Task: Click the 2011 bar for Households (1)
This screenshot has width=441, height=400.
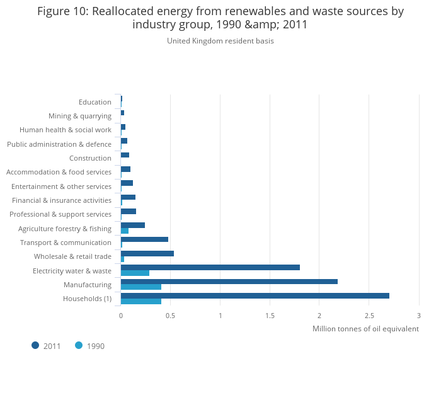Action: coord(255,295)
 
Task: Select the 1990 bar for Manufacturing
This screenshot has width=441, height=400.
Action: coord(141,287)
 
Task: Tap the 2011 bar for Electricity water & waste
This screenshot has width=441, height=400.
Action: coord(210,267)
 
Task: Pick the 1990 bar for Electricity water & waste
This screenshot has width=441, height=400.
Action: coord(135,273)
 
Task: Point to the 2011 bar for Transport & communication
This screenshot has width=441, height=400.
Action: coord(144,239)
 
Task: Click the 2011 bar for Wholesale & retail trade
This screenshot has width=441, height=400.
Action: coord(147,253)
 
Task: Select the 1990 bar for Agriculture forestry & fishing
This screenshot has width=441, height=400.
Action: coord(125,231)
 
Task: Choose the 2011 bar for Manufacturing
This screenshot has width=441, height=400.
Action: coord(229,282)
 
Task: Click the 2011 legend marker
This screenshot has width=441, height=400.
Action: coord(35,345)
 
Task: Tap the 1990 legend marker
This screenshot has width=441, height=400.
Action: coord(79,345)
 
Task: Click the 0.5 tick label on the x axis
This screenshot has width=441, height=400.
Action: coord(170,315)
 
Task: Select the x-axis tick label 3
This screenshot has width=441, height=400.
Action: coord(419,315)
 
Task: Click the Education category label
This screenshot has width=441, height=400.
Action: coord(95,102)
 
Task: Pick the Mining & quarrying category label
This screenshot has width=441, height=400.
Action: coord(80,116)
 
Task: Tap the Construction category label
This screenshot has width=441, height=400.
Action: coord(90,158)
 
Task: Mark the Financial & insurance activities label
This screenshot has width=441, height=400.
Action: coord(62,200)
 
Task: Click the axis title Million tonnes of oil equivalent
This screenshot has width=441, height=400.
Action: coord(365,329)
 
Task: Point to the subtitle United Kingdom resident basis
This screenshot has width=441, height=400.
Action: coord(220,41)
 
